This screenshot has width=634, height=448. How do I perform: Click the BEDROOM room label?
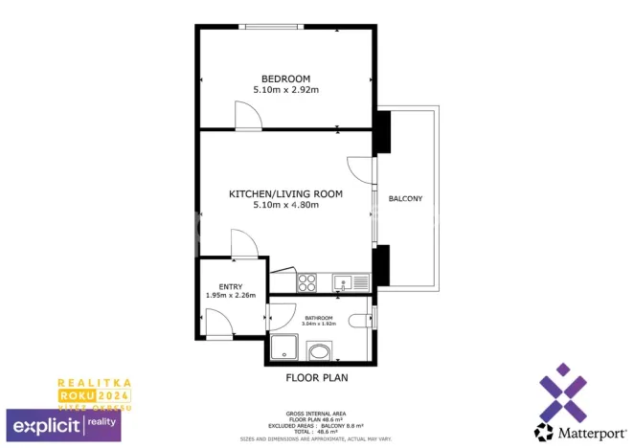[x=285, y=78]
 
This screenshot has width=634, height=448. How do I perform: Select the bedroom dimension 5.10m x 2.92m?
[x=285, y=90]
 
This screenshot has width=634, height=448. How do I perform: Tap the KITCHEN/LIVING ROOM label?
[x=285, y=194]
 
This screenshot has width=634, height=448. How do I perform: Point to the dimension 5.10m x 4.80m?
[x=285, y=205]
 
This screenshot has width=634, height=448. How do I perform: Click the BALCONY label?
[x=405, y=199]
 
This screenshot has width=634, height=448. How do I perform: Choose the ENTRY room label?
[x=230, y=286]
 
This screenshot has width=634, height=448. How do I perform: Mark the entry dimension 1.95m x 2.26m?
[x=230, y=296]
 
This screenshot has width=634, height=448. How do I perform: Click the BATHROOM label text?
[x=319, y=318]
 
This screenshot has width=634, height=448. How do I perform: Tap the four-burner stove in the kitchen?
[x=307, y=282]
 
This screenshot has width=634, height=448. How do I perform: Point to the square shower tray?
[x=285, y=349]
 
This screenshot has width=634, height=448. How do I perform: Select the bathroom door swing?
[x=282, y=317]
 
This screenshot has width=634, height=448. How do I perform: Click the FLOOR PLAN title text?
[x=317, y=378]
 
